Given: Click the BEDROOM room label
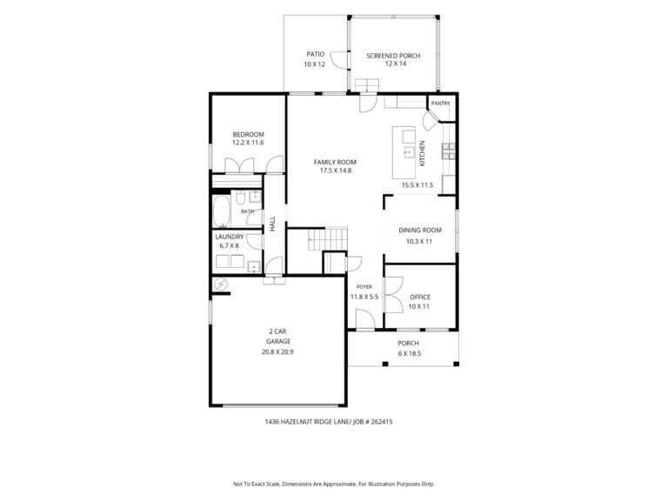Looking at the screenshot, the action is coord(248,134).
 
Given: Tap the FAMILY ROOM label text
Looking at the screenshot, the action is coord(335,162).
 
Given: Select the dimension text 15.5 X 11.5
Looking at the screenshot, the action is coord(417,185).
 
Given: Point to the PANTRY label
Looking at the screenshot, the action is coord(440,104).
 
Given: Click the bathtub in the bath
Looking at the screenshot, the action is coord(222,211).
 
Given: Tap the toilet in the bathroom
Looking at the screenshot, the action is coord(240,197).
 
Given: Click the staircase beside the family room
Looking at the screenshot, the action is coord(328,239).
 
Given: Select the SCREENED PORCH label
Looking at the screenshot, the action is coord(393,56).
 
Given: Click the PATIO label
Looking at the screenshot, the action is coord(315,54).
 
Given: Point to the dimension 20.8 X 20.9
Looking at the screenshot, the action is coord(277,352).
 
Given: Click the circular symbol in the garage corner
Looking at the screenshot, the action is coord(221,284).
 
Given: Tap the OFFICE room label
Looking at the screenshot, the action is coord(420,297).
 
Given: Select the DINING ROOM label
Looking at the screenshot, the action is coord(420,230).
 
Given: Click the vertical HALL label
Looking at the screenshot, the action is coord(272,224).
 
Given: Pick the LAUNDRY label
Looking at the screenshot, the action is coord(230,237).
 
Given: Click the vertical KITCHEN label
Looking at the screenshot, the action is coord(422,153).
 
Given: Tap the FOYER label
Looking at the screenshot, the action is coord(364,287).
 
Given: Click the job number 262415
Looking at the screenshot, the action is coord(382,422).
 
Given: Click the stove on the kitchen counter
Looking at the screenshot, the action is coord(449,151).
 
